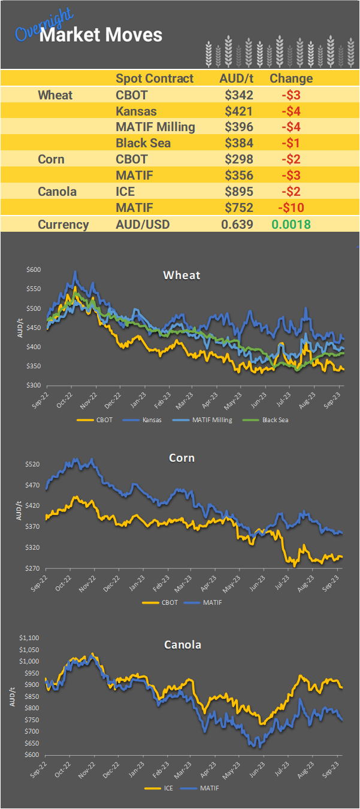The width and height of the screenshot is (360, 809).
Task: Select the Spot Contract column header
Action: [155, 78]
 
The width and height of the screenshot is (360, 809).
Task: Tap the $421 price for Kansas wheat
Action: [239, 111]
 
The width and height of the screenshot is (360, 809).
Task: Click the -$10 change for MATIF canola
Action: [291, 208]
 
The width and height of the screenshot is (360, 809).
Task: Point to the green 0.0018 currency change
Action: [291, 225]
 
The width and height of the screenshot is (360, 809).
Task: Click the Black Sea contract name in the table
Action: [143, 143]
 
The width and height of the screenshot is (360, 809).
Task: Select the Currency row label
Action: [63, 225]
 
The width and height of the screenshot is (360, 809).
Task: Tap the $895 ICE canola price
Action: [239, 192]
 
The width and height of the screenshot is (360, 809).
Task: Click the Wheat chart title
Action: [181, 275]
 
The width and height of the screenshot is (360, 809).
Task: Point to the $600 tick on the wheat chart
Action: [34, 270]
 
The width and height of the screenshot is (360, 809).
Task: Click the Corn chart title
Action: [181, 458]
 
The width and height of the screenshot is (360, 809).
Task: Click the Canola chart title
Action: [183, 645]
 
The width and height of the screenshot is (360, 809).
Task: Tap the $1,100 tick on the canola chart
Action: [29, 638]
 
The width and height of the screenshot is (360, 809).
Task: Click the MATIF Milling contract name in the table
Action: [155, 127]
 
